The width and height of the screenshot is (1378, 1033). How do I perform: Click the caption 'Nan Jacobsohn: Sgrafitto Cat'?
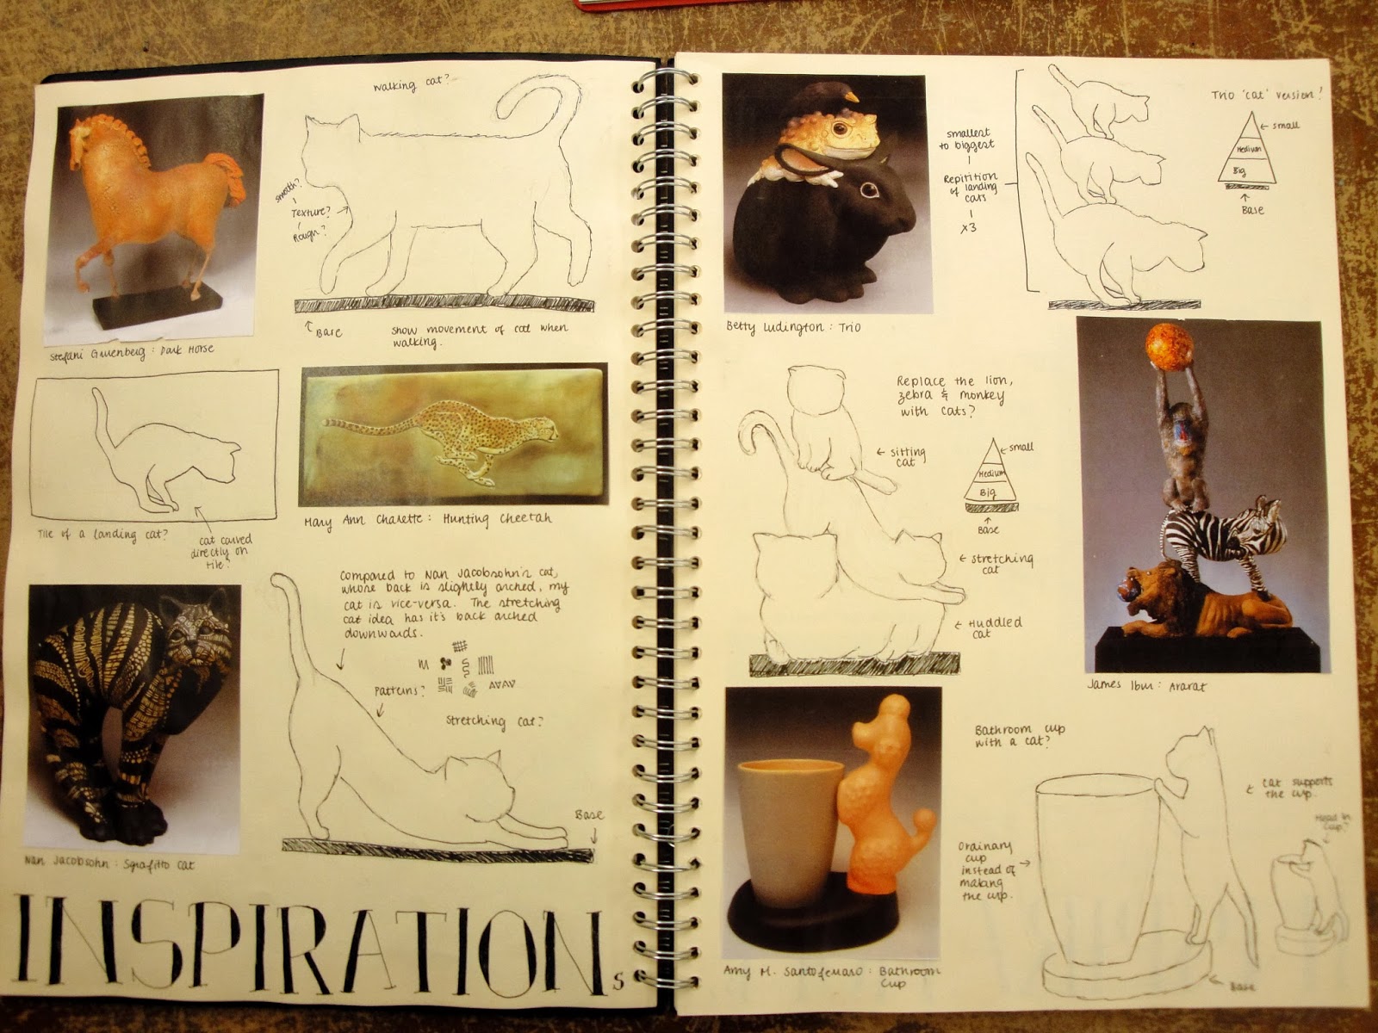(x=112, y=864)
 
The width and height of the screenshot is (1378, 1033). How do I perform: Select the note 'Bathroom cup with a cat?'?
(x=1016, y=736)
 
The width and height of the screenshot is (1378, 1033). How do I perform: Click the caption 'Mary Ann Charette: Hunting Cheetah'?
(x=427, y=520)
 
